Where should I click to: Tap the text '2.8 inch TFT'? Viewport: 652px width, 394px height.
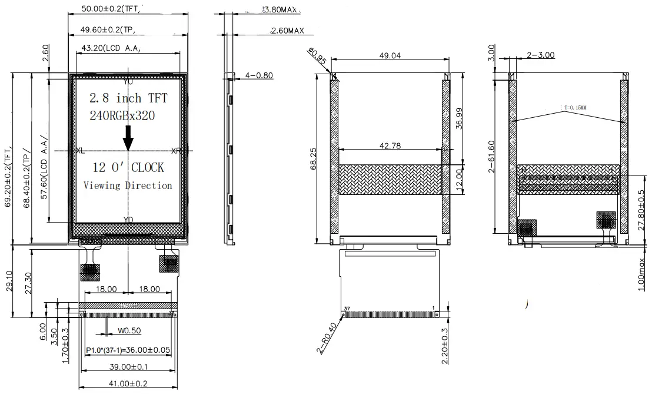tap(128, 98)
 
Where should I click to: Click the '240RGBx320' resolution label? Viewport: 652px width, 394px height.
tap(122, 116)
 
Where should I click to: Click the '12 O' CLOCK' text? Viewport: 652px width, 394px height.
tap(128, 168)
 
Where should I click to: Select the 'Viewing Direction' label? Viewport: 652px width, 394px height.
tap(128, 186)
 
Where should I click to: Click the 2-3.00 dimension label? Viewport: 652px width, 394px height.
tap(540, 55)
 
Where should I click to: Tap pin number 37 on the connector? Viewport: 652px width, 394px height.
tap(347, 308)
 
